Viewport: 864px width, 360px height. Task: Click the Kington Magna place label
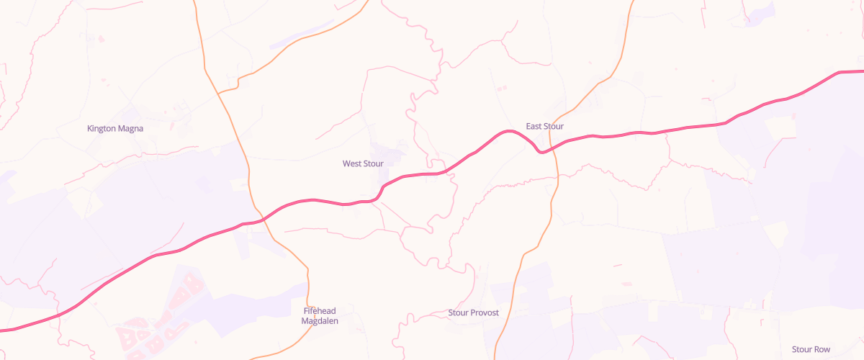tap(115, 129)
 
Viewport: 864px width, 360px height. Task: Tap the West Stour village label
tap(363, 164)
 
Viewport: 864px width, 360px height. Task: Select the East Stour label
tap(544, 127)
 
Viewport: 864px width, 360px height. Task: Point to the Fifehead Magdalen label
tap(320, 316)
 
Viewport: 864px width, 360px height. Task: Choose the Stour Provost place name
tap(473, 313)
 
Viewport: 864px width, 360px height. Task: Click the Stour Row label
tap(811, 350)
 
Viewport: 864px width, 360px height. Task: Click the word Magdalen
tap(320, 321)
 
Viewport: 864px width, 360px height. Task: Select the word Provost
tap(485, 313)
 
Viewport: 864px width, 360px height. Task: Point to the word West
tap(352, 164)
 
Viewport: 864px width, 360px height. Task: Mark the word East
tap(534, 127)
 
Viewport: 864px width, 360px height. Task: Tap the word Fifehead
tap(320, 311)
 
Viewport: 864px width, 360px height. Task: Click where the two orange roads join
tap(218, 92)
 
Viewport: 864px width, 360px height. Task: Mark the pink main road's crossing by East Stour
tap(554, 147)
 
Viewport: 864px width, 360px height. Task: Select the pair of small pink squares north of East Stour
tap(501, 88)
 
